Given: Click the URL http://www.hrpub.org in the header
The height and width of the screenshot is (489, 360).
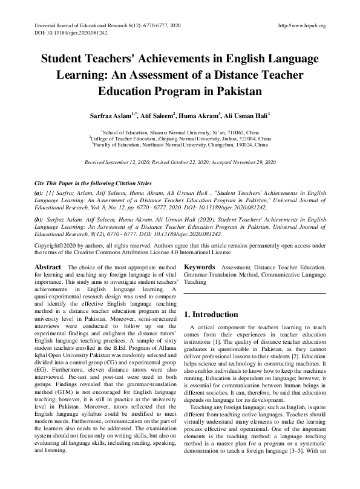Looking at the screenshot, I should (301, 25).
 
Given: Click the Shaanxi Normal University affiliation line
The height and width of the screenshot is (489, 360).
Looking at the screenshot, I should (180, 131).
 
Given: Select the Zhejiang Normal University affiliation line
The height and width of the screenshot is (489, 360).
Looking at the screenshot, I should (180, 138).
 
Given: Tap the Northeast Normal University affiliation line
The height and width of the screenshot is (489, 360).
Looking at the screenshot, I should (180, 145).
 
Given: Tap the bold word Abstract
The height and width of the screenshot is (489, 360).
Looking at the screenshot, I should (48, 267).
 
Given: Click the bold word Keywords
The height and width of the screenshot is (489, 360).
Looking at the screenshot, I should (200, 267).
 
